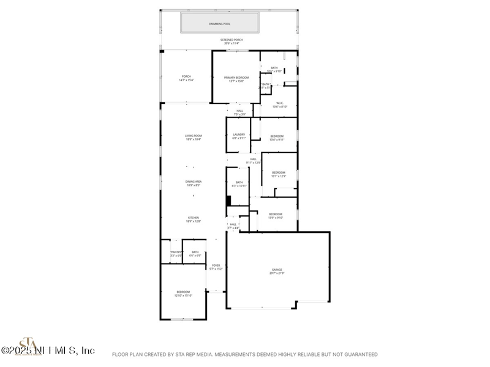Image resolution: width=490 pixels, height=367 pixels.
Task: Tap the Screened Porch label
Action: pyautogui.click(x=231, y=40)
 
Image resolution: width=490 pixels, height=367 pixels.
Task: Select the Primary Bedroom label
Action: pyautogui.click(x=236, y=78)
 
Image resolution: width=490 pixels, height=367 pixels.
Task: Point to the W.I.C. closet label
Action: pyautogui.click(x=280, y=103)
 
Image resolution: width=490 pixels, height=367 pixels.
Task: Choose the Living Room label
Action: pyautogui.click(x=194, y=136)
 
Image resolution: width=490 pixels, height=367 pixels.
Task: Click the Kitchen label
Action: pyautogui.click(x=194, y=218)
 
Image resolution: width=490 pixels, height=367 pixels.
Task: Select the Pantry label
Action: pyautogui.click(x=176, y=252)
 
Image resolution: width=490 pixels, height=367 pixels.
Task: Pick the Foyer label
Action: pyautogui.click(x=215, y=265)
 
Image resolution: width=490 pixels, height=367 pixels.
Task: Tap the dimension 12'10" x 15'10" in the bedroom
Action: pyautogui.click(x=184, y=295)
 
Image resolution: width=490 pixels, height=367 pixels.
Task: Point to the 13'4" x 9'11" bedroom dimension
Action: pyautogui.click(x=277, y=139)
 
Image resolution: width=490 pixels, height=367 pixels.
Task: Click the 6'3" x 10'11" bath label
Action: pyautogui.click(x=239, y=183)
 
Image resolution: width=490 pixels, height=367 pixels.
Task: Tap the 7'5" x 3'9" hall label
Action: pyautogui.click(x=239, y=113)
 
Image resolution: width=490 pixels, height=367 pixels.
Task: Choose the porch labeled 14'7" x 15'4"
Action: pyautogui.click(x=186, y=78)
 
